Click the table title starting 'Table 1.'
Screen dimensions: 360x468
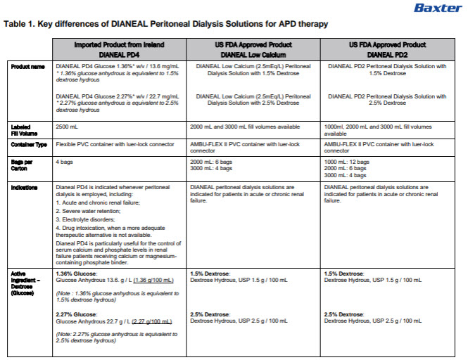click(165, 24)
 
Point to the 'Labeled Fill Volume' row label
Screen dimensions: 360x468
click(24, 130)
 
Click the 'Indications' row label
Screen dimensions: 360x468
click(24, 188)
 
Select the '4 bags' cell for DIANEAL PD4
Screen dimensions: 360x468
click(65, 162)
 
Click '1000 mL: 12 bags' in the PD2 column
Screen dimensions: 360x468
click(355, 162)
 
